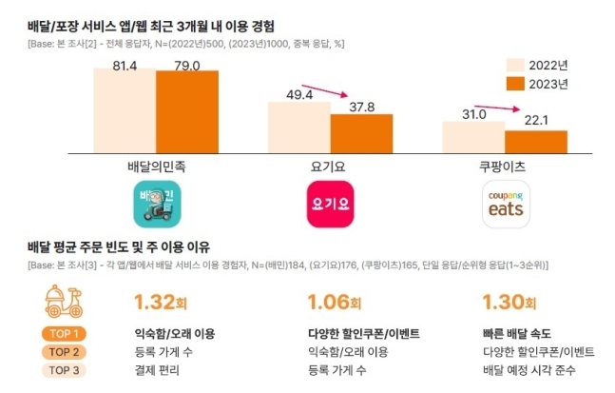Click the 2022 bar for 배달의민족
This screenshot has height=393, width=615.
click(x=125, y=106)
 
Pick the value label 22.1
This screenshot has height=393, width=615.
click(x=535, y=120)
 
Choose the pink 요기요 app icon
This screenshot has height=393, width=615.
click(x=331, y=204)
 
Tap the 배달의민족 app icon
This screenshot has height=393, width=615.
click(x=158, y=204)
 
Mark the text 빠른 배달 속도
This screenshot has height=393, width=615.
click(x=509, y=335)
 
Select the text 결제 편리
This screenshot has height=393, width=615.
click(x=158, y=370)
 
